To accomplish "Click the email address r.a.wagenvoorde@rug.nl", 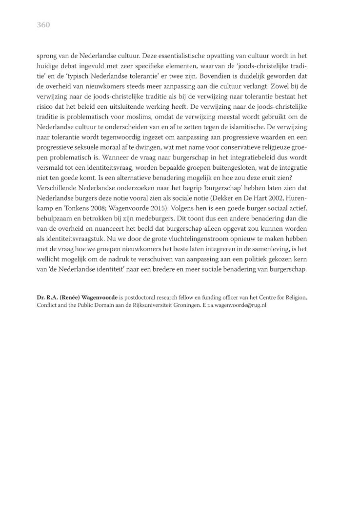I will [235, 305].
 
